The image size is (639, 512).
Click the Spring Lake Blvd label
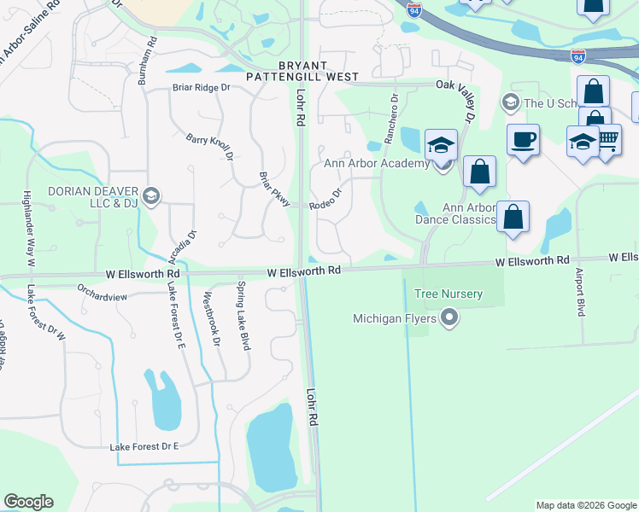point(243,305)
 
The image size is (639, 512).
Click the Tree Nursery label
point(448,294)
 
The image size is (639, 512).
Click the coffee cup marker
point(523,139)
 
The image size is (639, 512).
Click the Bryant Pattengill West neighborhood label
point(302,71)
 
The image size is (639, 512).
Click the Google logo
point(28,502)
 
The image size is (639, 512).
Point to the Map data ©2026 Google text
point(585,505)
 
